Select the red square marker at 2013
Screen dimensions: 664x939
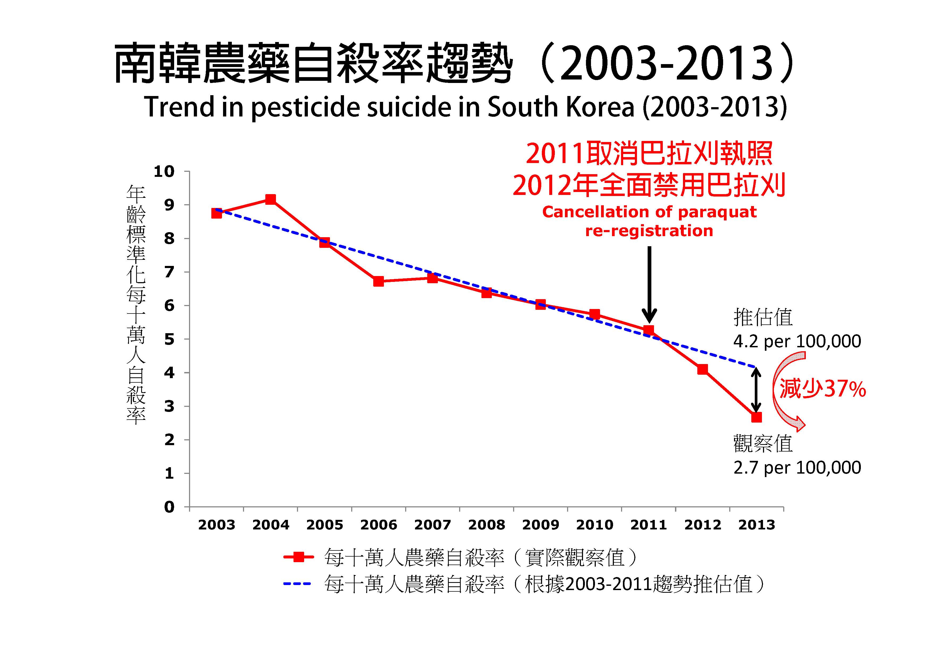pyautogui.click(x=756, y=417)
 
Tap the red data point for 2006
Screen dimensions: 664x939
pyautogui.click(x=378, y=281)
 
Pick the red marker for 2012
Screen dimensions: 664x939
pyautogui.click(x=702, y=369)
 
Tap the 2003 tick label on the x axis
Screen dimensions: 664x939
pyautogui.click(x=216, y=525)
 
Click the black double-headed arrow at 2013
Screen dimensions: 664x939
pyautogui.click(x=756, y=390)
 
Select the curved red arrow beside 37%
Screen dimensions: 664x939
pyautogui.click(x=787, y=393)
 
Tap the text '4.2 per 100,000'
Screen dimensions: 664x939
pyautogui.click(x=797, y=341)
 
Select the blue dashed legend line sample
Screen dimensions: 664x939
pyautogui.click(x=297, y=584)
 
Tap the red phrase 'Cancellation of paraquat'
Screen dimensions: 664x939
pyautogui.click(x=649, y=212)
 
